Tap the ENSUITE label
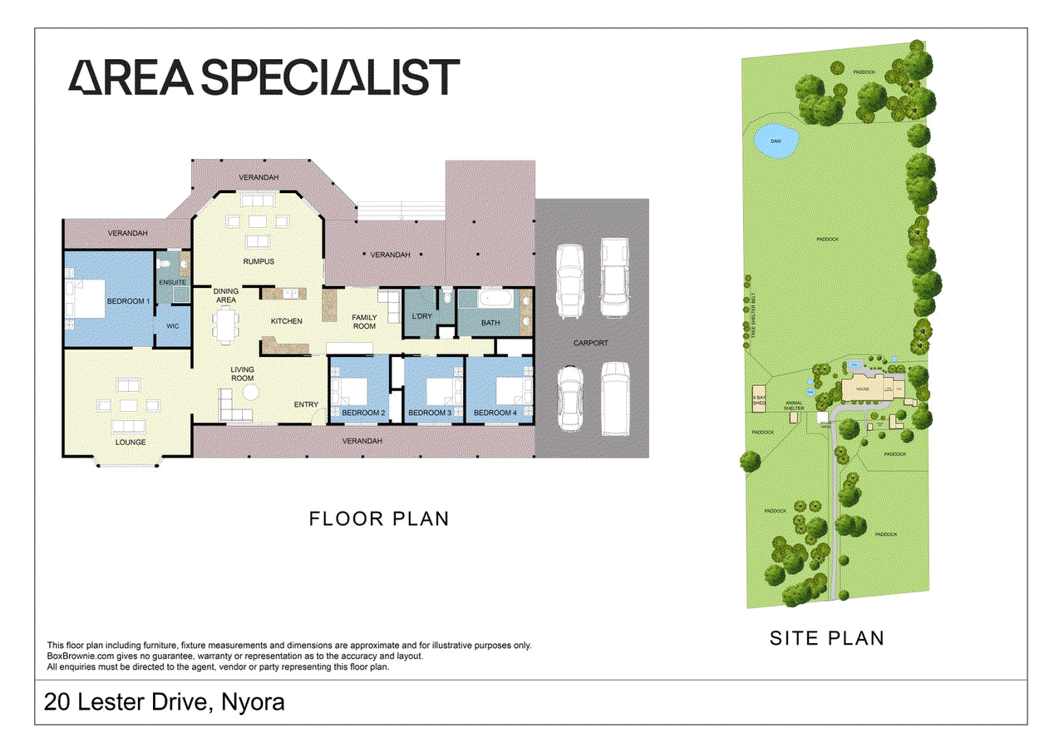coord(172,283)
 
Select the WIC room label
coord(173,326)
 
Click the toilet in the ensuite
coord(166,262)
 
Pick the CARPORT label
coord(590,343)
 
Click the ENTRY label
coord(306,405)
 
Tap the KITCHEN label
coord(286,321)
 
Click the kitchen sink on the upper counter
coord(290,292)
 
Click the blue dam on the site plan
coord(776,141)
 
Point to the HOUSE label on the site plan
coord(863,389)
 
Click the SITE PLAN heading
coord(826,638)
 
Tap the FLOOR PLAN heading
coord(379,519)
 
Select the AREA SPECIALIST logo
coord(264,77)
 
